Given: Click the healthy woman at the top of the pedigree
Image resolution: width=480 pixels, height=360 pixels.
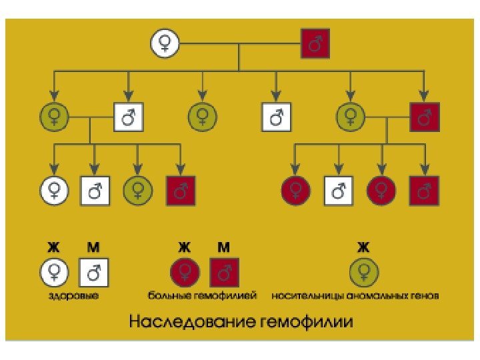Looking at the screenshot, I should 164,44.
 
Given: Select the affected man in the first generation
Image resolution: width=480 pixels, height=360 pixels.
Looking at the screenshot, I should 315,44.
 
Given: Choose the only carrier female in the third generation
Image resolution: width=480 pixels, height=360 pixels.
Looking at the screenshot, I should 137,191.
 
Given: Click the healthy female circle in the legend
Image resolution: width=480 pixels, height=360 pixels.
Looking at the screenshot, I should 53,272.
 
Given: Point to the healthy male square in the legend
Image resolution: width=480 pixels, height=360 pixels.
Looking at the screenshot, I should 93,272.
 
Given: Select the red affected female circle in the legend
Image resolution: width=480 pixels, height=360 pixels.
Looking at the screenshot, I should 184,272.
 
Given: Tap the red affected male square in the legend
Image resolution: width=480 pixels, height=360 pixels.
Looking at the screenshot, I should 224,272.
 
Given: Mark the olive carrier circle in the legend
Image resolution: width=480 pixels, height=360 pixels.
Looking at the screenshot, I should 363,272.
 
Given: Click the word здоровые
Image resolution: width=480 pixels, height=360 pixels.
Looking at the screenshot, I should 73,295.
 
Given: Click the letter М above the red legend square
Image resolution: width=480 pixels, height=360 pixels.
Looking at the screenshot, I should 224,247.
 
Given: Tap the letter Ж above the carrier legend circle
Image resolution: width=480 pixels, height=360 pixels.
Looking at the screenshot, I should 363,247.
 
